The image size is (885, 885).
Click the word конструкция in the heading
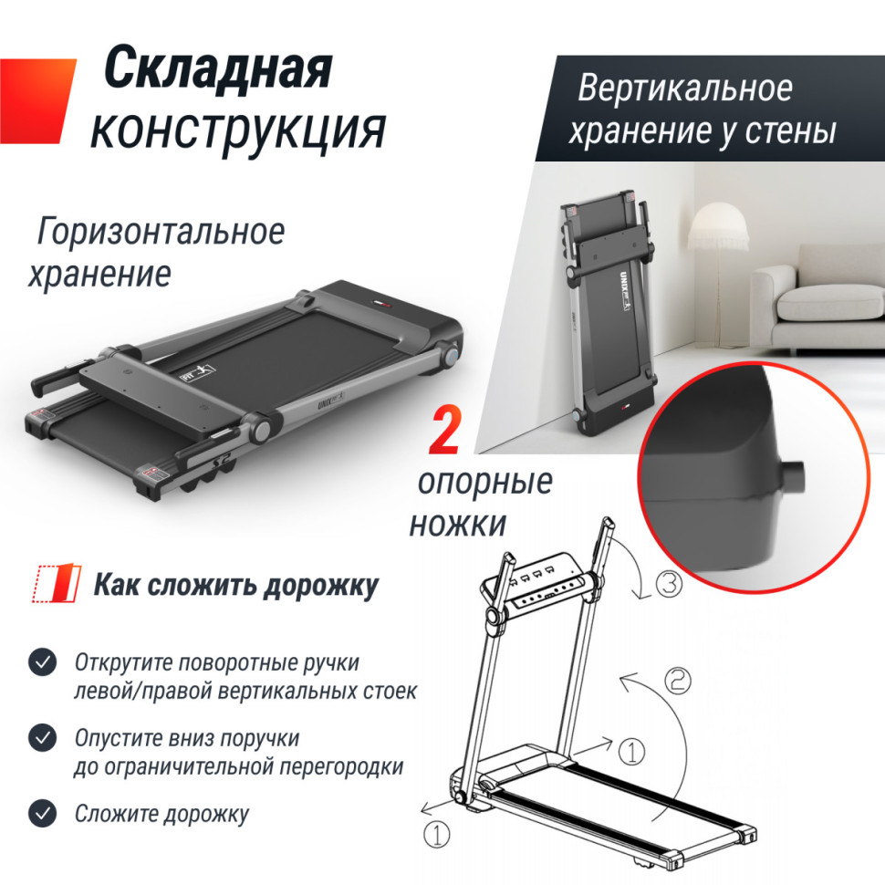(x=237, y=130)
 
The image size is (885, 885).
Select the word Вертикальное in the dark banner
(x=684, y=88)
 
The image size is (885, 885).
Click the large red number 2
(x=444, y=432)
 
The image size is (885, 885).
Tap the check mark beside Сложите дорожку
(x=41, y=812)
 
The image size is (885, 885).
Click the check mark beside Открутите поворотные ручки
(x=41, y=662)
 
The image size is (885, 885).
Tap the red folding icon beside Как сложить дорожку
(x=53, y=585)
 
